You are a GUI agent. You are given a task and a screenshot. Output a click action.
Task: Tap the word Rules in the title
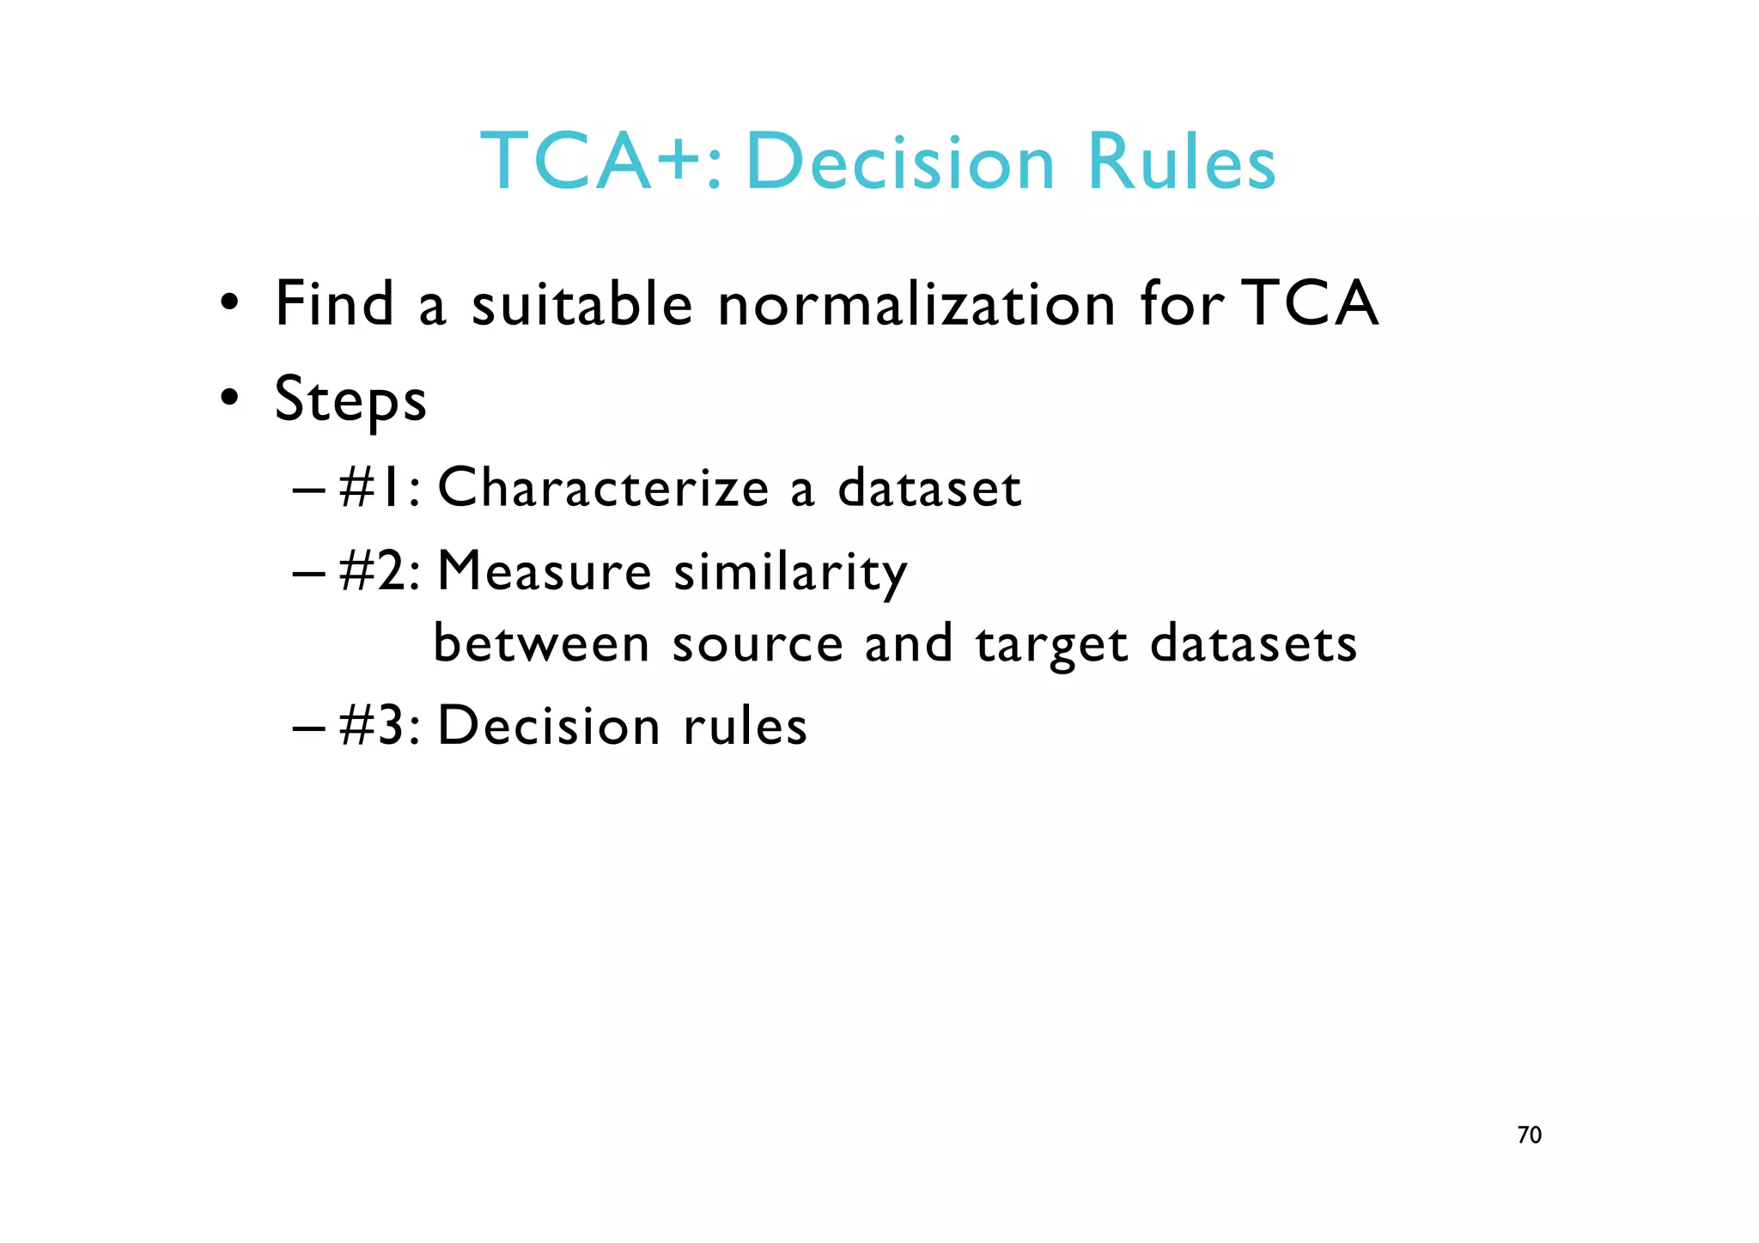(1182, 162)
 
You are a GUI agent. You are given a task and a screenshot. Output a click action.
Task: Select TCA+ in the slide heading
(600, 162)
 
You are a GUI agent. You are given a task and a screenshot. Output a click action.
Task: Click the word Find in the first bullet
(334, 304)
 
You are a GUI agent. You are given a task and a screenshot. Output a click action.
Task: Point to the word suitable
(581, 304)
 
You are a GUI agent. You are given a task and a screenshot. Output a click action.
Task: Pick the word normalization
(916, 306)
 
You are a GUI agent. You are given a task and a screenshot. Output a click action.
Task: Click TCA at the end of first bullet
(1311, 304)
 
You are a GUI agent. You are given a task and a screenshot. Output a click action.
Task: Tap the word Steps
(350, 399)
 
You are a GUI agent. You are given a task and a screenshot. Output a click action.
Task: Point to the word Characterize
(603, 488)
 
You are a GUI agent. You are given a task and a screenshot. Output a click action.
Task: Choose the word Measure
(545, 571)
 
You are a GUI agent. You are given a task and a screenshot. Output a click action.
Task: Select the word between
(541, 643)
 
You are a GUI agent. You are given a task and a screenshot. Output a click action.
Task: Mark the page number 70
(1529, 1136)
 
